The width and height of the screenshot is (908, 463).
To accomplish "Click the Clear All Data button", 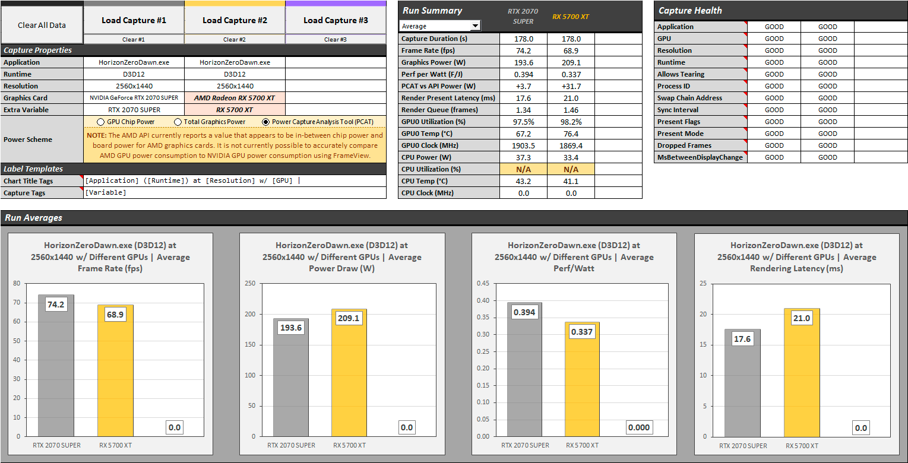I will pyautogui.click(x=42, y=25).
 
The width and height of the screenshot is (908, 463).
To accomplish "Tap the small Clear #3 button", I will pyautogui.click(x=336, y=40).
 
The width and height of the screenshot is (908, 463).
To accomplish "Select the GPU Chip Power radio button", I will pyautogui.click(x=102, y=122).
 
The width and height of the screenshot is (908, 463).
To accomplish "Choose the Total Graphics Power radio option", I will pyautogui.click(x=178, y=122).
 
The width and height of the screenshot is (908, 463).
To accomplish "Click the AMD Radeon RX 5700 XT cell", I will pyautogui.click(x=235, y=98).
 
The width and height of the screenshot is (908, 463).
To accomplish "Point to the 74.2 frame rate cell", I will pyautogui.click(x=523, y=50).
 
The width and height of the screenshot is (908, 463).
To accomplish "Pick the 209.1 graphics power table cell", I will pyautogui.click(x=571, y=62).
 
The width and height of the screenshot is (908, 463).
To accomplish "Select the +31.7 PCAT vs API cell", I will pyautogui.click(x=571, y=86).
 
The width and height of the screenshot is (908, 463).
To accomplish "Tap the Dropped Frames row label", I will pyautogui.click(x=684, y=145).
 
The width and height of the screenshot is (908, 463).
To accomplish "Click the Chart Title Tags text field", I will pyautogui.click(x=235, y=180).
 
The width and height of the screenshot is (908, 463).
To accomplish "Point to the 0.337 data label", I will pyautogui.click(x=581, y=332).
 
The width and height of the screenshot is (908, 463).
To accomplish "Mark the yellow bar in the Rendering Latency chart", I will pyautogui.click(x=802, y=380).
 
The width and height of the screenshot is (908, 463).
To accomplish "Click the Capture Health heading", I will pyautogui.click(x=691, y=11).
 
